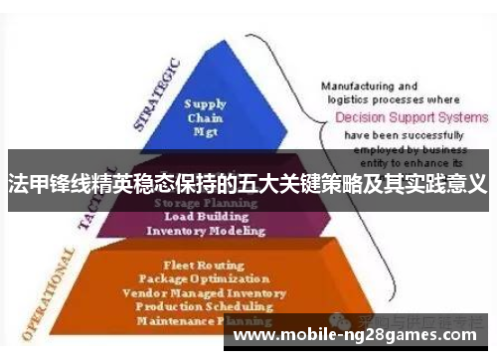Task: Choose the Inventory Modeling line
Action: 206,231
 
